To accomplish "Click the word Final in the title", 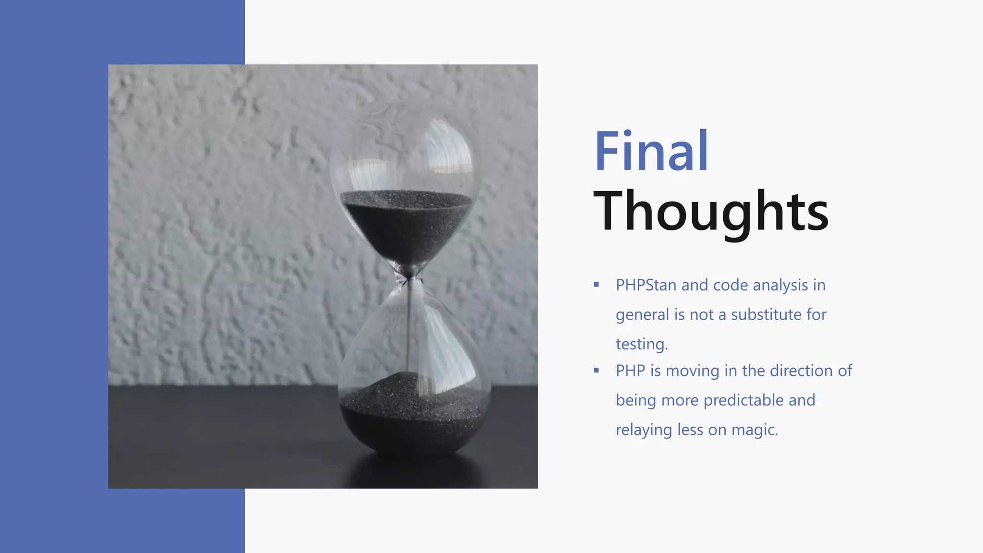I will click(x=651, y=151).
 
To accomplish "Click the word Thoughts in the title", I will click(x=711, y=211).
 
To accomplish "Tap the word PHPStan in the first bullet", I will click(x=646, y=285).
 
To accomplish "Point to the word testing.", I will click(x=642, y=344).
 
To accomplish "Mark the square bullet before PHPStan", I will click(x=596, y=285).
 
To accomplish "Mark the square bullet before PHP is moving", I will click(x=596, y=370).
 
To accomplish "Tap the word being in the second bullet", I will click(x=636, y=400).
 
